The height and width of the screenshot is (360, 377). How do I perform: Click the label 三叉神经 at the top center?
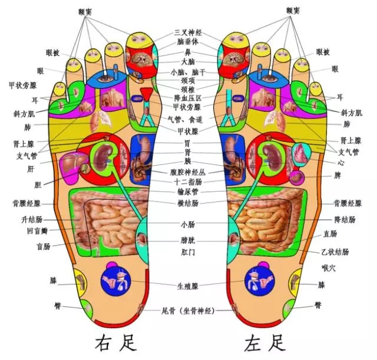[188, 32]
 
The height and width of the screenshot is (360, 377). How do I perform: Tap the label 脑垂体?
[188, 42]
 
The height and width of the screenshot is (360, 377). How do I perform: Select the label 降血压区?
[188, 97]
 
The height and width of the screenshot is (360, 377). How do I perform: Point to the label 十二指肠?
[188, 182]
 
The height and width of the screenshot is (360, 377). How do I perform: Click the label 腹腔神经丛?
[188, 173]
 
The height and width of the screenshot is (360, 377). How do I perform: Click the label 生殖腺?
[188, 286]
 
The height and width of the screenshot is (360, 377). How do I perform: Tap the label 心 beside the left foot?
[340, 160]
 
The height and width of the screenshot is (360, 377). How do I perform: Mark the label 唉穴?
[328, 268]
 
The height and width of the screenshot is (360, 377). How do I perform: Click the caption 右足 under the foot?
[113, 342]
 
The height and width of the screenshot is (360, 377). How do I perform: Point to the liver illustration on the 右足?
[73, 163]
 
